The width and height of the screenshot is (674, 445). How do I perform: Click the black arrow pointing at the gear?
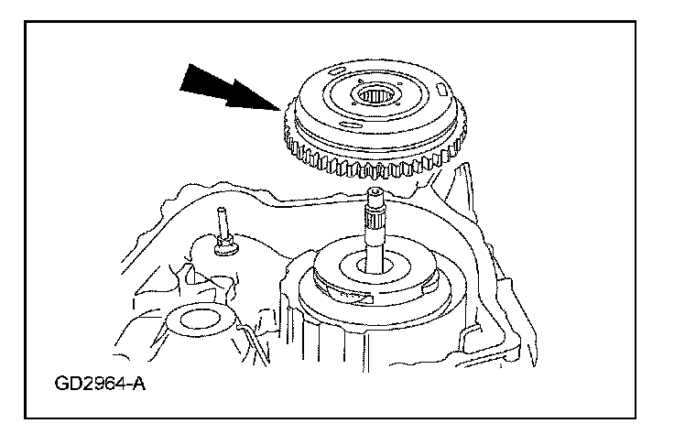pyautogui.click(x=224, y=88)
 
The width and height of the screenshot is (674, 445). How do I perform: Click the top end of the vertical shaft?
pyautogui.click(x=376, y=193)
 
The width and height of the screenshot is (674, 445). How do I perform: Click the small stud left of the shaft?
pyautogui.click(x=221, y=224)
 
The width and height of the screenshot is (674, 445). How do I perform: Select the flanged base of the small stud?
pyautogui.click(x=223, y=247)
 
